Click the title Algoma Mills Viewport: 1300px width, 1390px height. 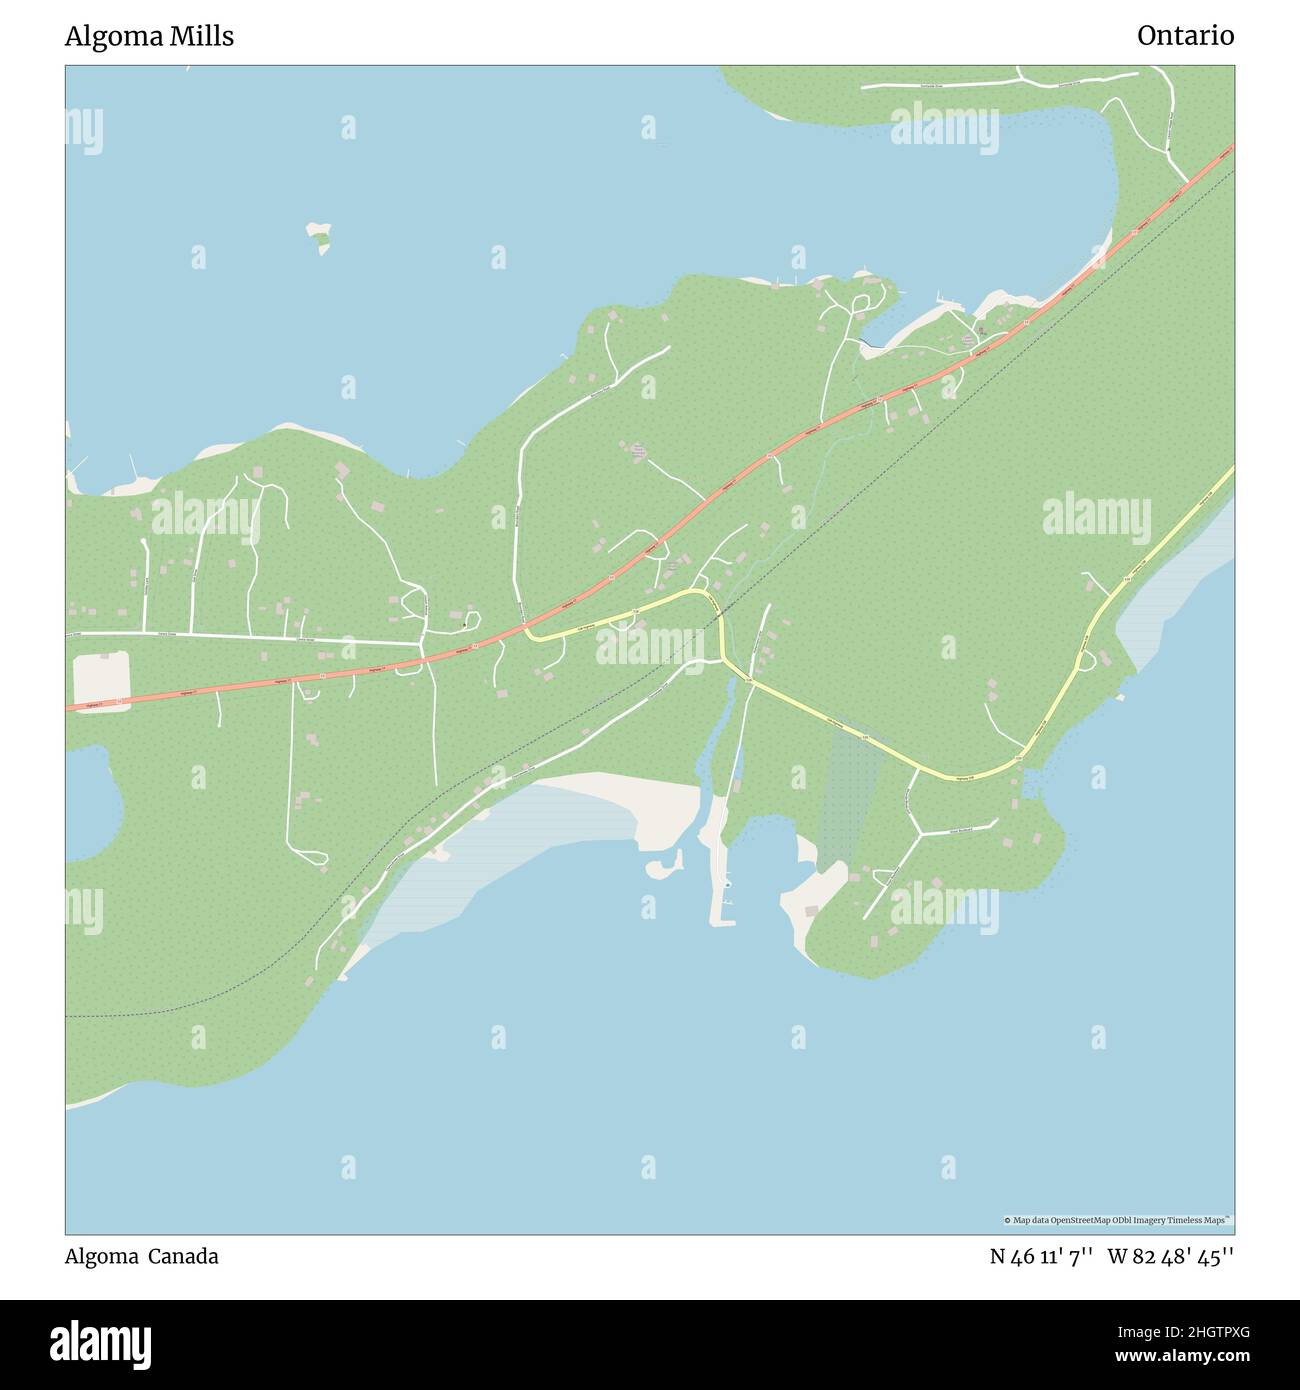tap(149, 36)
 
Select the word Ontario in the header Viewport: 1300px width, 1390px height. tap(1185, 36)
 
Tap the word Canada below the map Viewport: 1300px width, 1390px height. tap(183, 1256)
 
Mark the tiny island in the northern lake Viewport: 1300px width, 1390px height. tap(319, 237)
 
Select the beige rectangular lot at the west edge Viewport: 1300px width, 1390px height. tap(101, 679)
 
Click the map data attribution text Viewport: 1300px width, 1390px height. tap(1117, 1220)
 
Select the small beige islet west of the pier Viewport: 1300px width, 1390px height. tap(663, 866)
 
